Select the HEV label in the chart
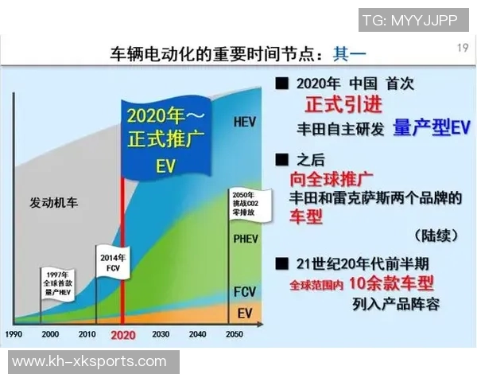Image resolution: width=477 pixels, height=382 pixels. (245, 122)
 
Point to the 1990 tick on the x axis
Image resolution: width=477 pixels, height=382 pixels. (15, 334)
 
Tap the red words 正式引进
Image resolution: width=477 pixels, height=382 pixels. (343, 104)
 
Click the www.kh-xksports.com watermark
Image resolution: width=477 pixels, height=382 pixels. (90, 362)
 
